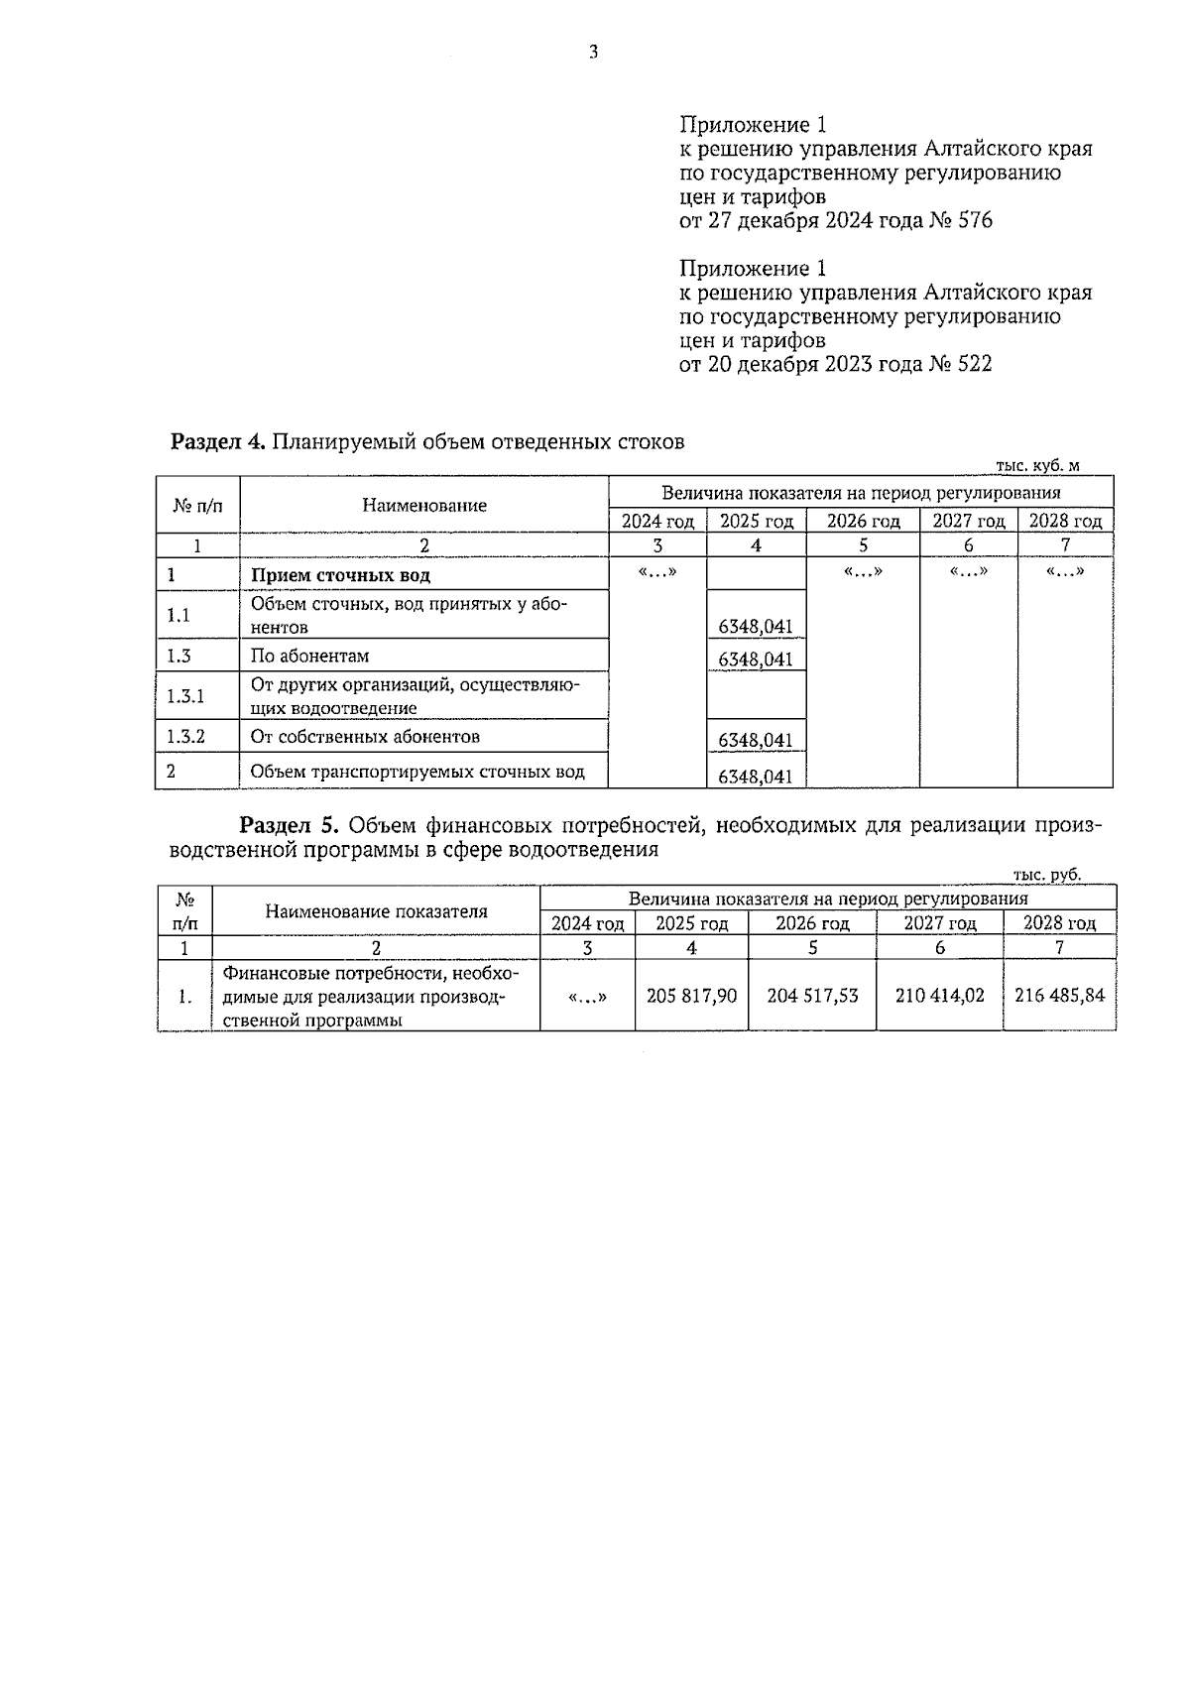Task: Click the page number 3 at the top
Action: coord(593,54)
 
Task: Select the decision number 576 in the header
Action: coord(975,221)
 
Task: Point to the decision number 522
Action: coord(975,365)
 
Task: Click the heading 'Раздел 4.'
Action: coord(217,442)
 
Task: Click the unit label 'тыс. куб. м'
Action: coord(1036,465)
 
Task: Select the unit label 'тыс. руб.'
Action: coord(1047,875)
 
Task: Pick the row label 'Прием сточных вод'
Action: coord(340,576)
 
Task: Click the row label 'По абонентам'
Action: coord(309,656)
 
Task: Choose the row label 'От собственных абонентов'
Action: coord(365,737)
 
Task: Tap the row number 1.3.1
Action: coord(185,696)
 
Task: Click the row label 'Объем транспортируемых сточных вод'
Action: coord(417,772)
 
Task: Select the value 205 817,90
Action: coord(691,996)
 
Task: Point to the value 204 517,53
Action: coord(812,996)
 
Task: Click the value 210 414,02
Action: coord(939,996)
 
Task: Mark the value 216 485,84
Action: coord(1059,996)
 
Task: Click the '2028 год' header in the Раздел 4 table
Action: coord(1065,522)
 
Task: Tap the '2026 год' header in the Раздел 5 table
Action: coord(812,924)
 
